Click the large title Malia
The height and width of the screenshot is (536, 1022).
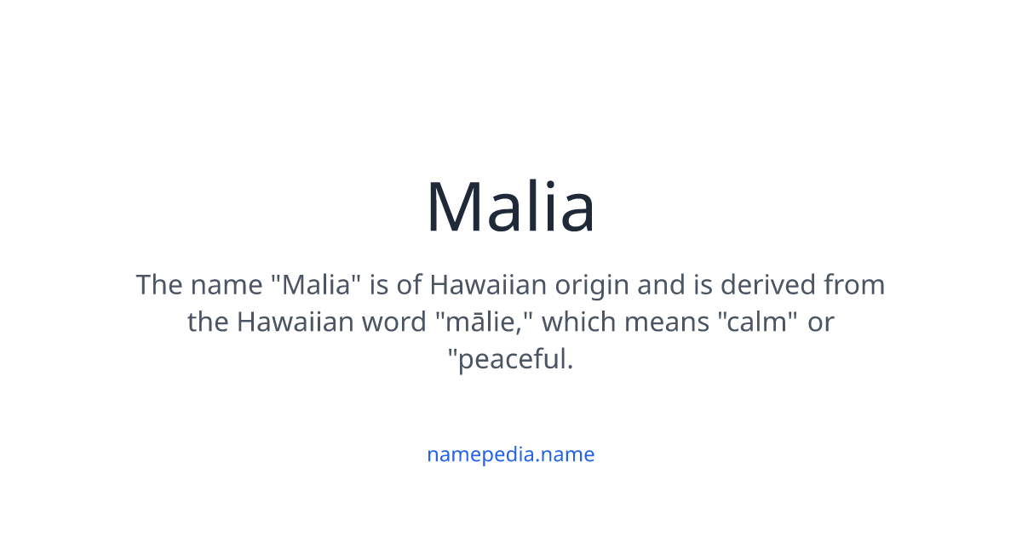(510, 207)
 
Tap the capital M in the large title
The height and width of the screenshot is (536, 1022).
(457, 207)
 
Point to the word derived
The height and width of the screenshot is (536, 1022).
(769, 284)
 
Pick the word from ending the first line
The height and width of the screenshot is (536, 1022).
(854, 284)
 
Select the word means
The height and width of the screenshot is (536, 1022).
(665, 322)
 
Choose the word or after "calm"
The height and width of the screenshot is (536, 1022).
(821, 322)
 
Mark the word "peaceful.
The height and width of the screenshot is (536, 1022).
(510, 360)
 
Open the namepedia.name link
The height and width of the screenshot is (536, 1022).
(510, 454)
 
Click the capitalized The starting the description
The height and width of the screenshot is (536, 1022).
(158, 284)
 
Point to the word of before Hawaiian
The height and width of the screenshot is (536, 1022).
(410, 284)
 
